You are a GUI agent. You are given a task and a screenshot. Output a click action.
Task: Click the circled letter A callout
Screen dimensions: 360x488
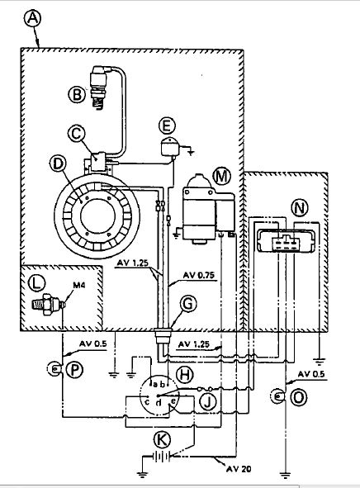click(x=32, y=17)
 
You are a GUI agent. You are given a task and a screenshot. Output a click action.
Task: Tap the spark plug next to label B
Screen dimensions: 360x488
click(x=100, y=88)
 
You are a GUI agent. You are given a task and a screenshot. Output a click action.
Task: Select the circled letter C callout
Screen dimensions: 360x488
click(x=76, y=133)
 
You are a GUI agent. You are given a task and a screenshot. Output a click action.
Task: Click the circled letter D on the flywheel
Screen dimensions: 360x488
click(x=58, y=163)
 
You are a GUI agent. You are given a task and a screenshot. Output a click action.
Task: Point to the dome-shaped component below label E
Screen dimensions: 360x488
click(x=170, y=147)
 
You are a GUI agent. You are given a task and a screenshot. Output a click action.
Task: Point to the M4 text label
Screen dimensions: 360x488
click(x=79, y=285)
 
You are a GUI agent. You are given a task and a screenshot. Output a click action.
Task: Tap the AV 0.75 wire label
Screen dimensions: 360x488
click(x=198, y=275)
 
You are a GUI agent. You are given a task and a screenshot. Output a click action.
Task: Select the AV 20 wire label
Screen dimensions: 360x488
click(x=239, y=469)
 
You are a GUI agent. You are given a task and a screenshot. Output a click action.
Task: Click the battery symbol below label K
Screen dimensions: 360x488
click(x=162, y=457)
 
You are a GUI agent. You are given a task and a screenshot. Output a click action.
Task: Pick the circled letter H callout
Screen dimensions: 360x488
click(x=184, y=374)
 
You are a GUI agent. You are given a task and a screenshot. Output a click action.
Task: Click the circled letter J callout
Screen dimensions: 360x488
click(x=207, y=401)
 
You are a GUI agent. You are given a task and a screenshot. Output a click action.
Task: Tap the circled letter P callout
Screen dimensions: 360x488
click(x=74, y=371)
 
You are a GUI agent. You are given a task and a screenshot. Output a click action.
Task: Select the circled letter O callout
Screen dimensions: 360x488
click(x=298, y=397)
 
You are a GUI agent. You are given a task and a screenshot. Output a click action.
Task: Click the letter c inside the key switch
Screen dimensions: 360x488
click(x=147, y=401)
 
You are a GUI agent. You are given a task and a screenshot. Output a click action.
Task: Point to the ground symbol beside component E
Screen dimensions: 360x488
click(x=191, y=152)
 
